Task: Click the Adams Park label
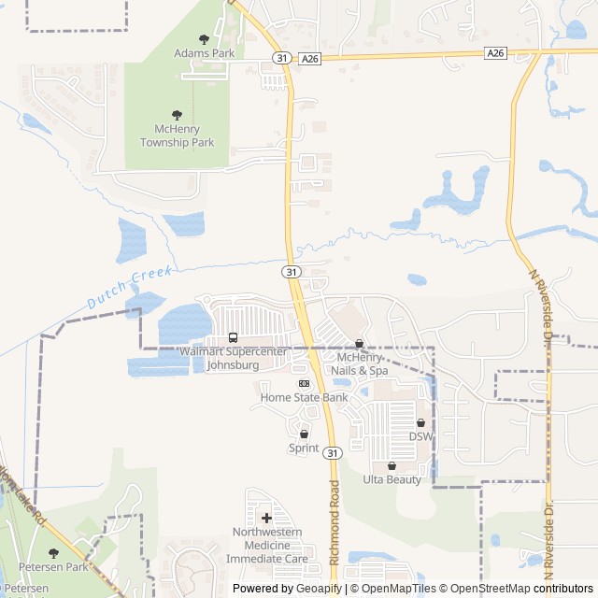204,53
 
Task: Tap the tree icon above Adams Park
204,38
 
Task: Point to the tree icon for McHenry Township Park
178,114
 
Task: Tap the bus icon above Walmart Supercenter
233,337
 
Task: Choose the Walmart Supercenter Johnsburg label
233,358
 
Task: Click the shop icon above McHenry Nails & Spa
359,344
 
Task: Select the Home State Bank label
304,397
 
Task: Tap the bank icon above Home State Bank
303,383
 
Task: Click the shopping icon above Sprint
304,434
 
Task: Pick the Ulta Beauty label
392,479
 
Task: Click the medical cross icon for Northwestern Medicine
266,517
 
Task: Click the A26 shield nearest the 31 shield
310,58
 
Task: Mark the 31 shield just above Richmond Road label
333,453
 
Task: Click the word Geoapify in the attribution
320,589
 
